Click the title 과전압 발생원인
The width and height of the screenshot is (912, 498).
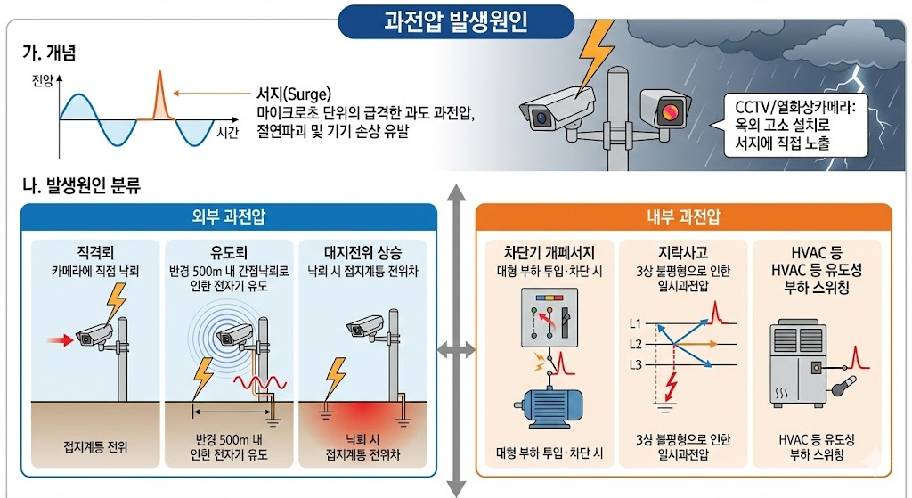(x=455, y=20)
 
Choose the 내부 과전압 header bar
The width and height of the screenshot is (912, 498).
(x=683, y=216)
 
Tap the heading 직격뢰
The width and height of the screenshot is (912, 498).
(x=96, y=250)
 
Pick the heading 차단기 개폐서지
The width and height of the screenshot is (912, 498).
(x=549, y=250)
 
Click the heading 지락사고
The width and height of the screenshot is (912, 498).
(x=682, y=250)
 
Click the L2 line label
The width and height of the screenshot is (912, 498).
(x=636, y=343)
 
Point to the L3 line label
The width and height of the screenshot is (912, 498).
(x=636, y=364)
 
